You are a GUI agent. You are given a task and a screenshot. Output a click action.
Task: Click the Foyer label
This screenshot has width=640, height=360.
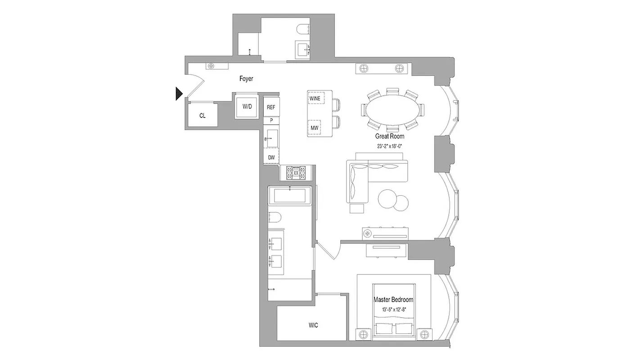click(x=246, y=79)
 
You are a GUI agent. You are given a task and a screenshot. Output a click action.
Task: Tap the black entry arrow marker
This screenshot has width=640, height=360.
click(x=179, y=94)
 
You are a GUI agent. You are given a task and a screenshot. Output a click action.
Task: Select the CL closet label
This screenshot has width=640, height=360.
click(x=203, y=116)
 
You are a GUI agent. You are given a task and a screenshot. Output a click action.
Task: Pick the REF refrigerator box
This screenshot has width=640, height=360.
click(x=271, y=107)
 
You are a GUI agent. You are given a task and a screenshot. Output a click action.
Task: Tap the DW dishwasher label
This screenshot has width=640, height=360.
click(x=271, y=157)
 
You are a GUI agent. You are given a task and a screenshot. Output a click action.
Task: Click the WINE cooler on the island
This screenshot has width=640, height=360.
click(x=315, y=98)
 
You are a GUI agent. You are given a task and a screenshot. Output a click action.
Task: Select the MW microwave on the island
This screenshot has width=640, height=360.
click(x=315, y=128)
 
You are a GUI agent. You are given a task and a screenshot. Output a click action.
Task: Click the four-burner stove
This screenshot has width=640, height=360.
click(x=296, y=173)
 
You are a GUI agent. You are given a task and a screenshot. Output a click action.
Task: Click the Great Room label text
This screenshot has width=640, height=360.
click(x=390, y=136)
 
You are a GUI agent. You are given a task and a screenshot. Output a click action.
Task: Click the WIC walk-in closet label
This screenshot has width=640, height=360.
click(x=314, y=325)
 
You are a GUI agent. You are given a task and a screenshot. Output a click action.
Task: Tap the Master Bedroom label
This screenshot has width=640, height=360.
click(x=393, y=300)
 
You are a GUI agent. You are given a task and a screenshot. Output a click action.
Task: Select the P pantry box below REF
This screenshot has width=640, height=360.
click(x=271, y=121)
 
